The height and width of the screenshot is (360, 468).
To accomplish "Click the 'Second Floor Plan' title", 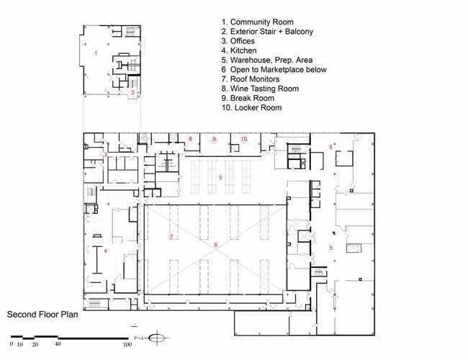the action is [x=42, y=315].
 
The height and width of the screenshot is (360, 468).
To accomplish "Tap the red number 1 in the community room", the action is [x=96, y=53].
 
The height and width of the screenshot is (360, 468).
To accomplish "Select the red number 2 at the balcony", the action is [x=132, y=93].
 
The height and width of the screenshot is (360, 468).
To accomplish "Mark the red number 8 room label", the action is [x=190, y=139].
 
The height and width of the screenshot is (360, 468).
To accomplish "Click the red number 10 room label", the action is [x=244, y=139].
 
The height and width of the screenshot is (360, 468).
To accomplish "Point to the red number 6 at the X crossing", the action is [x=215, y=245].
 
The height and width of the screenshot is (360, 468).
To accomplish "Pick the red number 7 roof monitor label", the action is [x=171, y=237].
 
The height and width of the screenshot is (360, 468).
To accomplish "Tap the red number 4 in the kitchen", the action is [x=105, y=251].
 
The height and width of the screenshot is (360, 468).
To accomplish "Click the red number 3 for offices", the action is [x=105, y=154].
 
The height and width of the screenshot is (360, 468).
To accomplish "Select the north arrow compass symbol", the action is [x=156, y=338].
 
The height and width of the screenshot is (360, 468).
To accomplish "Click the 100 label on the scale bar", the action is [x=127, y=344].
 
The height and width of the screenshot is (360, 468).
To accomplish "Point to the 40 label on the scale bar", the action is [x=58, y=344].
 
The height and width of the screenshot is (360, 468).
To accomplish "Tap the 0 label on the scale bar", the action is [x=12, y=344].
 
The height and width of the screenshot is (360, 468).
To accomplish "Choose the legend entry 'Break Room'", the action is [x=252, y=98].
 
